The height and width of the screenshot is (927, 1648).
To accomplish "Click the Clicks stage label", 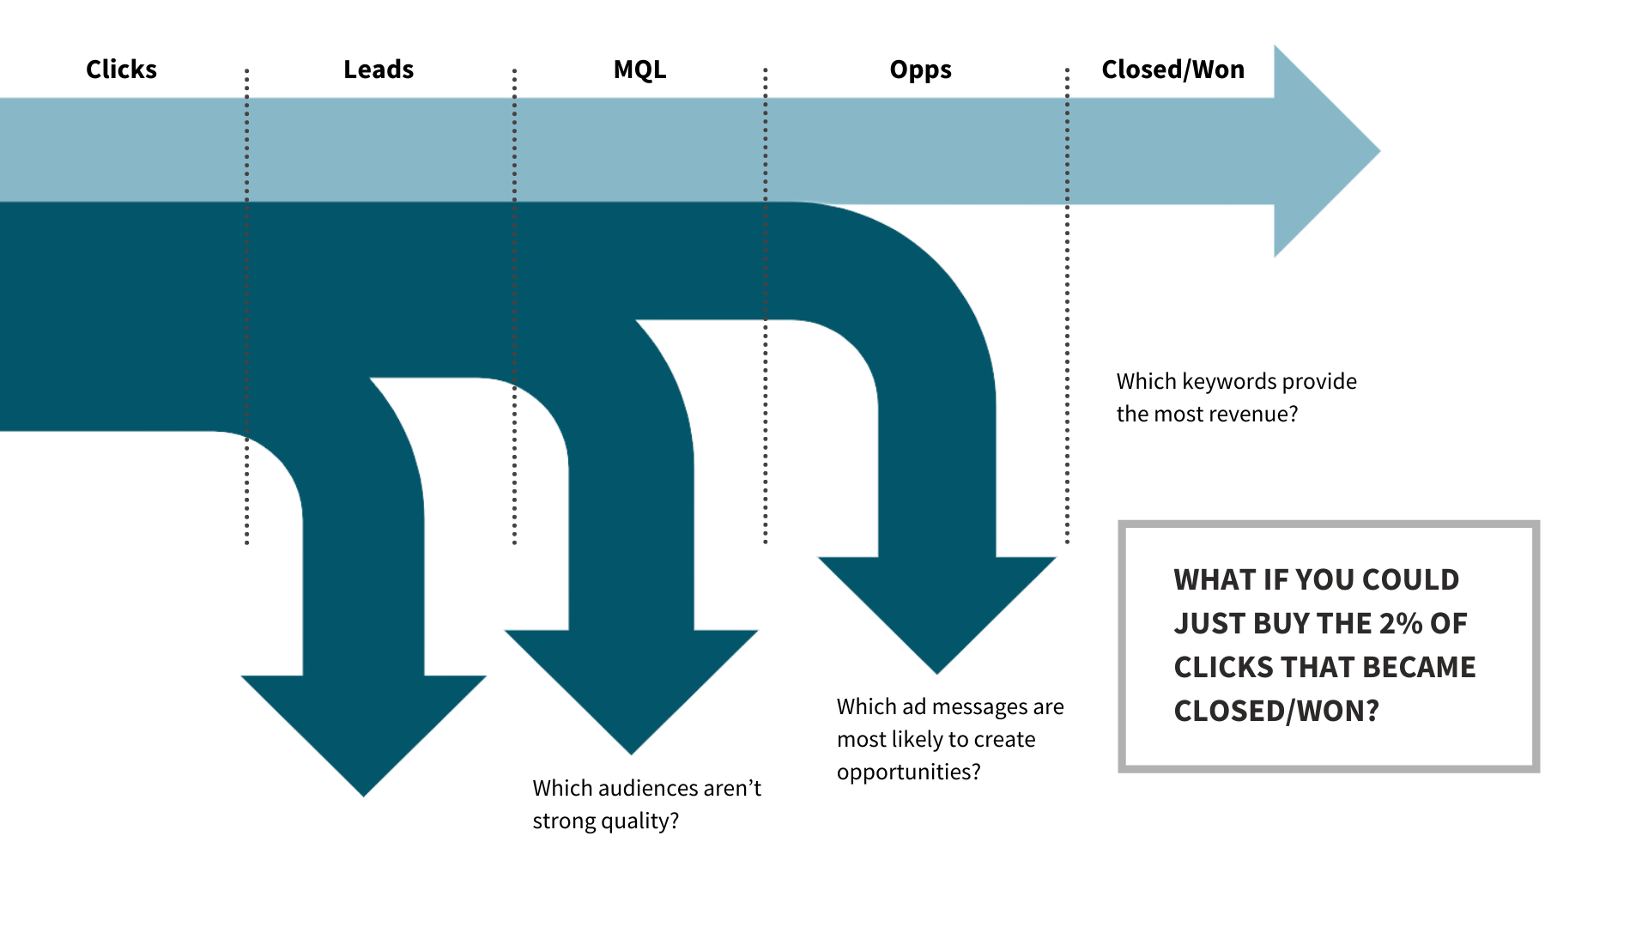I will pos(121,70).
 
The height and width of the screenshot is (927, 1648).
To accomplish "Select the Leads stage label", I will pos(379,70).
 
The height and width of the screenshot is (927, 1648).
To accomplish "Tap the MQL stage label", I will pos(639,70).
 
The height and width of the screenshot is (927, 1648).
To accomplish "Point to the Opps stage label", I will pos(920,70).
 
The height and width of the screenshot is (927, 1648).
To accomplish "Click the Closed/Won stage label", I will pos(1172,70).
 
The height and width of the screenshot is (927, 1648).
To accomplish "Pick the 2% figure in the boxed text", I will pos(1401,623).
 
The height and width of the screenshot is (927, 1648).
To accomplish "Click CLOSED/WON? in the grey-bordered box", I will pos(1275,711).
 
